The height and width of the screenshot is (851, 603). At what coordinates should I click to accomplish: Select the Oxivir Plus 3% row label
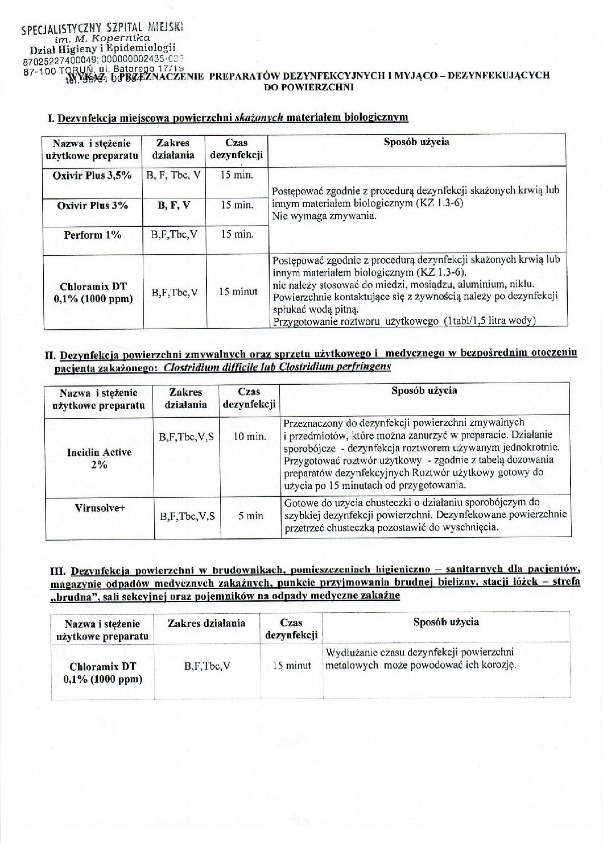tap(92, 205)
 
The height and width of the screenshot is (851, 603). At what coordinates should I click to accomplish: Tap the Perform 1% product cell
tap(92, 234)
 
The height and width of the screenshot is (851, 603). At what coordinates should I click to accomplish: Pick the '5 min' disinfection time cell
tap(250, 516)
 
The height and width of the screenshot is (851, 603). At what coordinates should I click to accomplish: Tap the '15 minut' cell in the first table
tap(238, 292)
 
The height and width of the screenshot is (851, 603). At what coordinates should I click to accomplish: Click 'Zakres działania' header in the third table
tap(206, 623)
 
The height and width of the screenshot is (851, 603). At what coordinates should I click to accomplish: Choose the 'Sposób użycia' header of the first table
tap(417, 142)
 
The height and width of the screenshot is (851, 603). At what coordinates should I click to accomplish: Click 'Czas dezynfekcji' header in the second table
tap(249, 398)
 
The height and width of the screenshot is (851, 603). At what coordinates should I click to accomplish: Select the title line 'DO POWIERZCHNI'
tap(309, 88)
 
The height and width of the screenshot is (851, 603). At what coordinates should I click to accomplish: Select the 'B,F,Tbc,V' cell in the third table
tap(206, 665)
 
